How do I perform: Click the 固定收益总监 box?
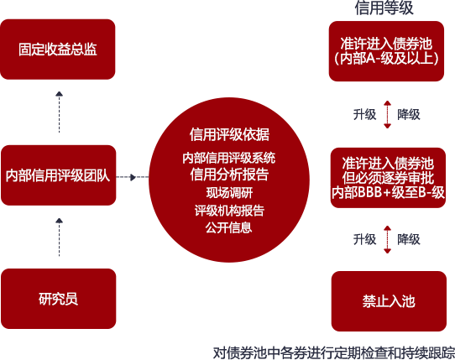point(58,50)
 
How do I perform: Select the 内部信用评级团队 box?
point(58,175)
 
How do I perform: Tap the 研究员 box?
point(58,299)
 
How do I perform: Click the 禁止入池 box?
point(389,301)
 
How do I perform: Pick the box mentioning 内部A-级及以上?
point(386,51)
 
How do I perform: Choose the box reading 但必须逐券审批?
point(388,178)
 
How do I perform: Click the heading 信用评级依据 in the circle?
point(229,134)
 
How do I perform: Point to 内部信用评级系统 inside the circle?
point(229,158)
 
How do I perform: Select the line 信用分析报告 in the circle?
point(229,175)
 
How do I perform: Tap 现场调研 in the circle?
point(229,193)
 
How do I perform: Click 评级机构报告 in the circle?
point(229,211)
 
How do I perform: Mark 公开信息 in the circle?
point(229,227)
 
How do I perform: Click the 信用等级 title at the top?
point(384,8)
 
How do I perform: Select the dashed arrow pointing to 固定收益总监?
point(60,112)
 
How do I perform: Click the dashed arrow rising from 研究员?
point(60,237)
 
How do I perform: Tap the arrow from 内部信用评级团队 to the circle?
point(133,177)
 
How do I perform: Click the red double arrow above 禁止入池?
point(387,240)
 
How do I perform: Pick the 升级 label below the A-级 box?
point(364,115)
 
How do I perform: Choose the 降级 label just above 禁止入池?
point(409,240)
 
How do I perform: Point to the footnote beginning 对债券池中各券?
point(334,352)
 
